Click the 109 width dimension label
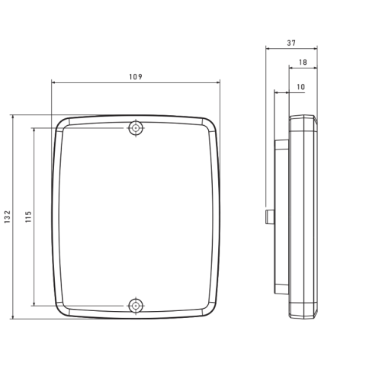coord(136,77)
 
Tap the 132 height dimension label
coord(8,217)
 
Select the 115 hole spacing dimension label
coord(28,217)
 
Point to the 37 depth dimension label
coord(291,43)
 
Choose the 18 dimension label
coord(303,63)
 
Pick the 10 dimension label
coord(300,87)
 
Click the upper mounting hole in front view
coord(136,128)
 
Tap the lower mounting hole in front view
coord(136,306)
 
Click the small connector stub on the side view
coord(270,217)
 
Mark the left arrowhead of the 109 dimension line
coord(53,82)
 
